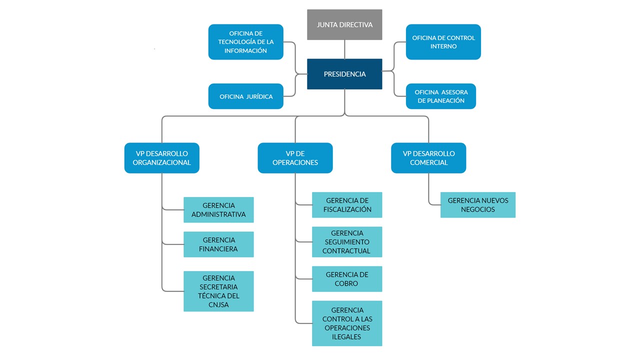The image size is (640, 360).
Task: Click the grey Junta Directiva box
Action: pos(344,24)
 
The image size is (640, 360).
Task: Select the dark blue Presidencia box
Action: pos(344,74)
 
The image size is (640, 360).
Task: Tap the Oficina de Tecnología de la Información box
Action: pos(245,42)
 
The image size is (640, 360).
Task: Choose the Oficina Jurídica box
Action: pos(245,96)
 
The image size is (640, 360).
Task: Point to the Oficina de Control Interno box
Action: pos(443,42)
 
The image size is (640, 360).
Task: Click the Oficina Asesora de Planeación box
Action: pos(440,96)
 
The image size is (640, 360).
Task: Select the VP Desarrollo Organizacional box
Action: pos(161,158)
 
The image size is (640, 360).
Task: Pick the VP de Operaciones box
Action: pos(295,158)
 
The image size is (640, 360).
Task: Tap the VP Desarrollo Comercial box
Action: pos(428,158)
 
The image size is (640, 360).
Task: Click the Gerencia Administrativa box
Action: pos(218,210)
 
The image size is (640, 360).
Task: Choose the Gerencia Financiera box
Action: pos(218,244)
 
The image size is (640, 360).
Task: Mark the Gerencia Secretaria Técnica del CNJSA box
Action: pos(218,291)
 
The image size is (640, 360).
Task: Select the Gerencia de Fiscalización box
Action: pos(347,205)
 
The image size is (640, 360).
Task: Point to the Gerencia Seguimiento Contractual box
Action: pos(347,242)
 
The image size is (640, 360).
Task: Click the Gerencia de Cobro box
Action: pos(347,279)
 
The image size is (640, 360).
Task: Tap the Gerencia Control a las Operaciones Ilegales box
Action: pos(347,323)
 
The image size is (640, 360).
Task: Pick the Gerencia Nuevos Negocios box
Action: pos(477,205)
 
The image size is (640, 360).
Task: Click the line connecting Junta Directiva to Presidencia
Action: pos(344,49)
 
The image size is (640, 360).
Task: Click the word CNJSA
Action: pos(218,304)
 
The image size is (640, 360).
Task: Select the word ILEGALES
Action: pos(346,337)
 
